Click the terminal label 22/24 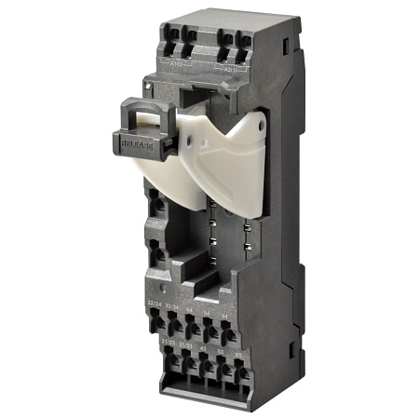click(154, 303)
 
